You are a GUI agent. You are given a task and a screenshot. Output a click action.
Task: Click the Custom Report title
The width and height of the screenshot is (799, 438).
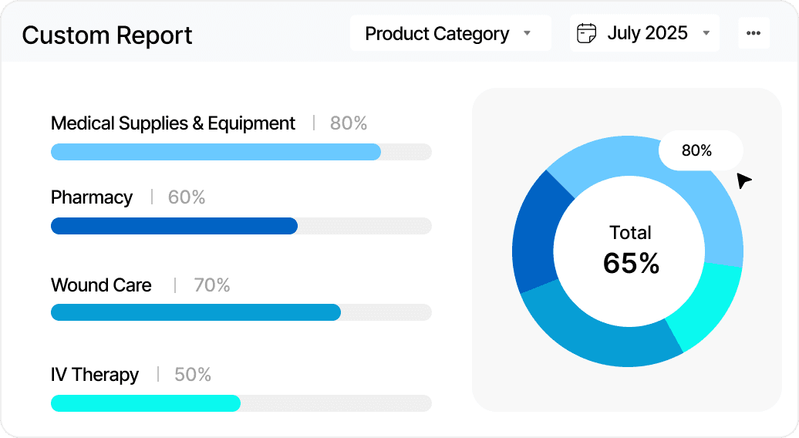(107, 35)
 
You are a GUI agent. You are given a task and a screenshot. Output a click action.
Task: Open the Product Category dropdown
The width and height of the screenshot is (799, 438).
(450, 34)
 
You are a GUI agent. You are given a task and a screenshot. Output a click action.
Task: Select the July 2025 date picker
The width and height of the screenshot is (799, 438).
(644, 34)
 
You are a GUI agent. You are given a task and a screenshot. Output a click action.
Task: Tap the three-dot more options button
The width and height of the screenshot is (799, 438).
(753, 34)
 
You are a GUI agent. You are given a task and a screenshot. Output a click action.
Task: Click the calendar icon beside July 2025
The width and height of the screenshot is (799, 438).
(587, 34)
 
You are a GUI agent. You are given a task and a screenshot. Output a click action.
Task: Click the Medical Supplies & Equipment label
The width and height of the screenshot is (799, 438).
(173, 123)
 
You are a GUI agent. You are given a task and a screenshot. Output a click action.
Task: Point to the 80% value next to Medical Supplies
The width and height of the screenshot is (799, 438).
(349, 123)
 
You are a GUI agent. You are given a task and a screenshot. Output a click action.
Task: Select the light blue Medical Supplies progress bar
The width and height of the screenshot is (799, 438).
(216, 152)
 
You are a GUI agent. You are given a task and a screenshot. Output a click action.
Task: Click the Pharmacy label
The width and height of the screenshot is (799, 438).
(92, 197)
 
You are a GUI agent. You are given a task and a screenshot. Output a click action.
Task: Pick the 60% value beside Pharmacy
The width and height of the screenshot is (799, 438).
(187, 197)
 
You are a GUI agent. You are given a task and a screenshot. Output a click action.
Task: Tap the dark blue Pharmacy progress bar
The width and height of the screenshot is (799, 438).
(174, 226)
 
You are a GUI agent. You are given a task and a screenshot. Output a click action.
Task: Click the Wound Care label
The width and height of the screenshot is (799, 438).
(101, 285)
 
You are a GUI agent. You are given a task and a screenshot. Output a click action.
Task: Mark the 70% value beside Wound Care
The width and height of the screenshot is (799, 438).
(212, 285)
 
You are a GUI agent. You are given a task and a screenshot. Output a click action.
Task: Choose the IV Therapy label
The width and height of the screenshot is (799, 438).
(95, 375)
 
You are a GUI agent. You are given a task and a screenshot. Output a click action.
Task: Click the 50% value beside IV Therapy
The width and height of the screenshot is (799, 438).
(193, 375)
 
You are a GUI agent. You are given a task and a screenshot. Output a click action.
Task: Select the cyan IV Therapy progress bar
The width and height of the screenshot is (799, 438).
(146, 403)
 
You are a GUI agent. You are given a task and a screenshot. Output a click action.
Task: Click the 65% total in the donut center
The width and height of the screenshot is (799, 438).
(631, 264)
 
